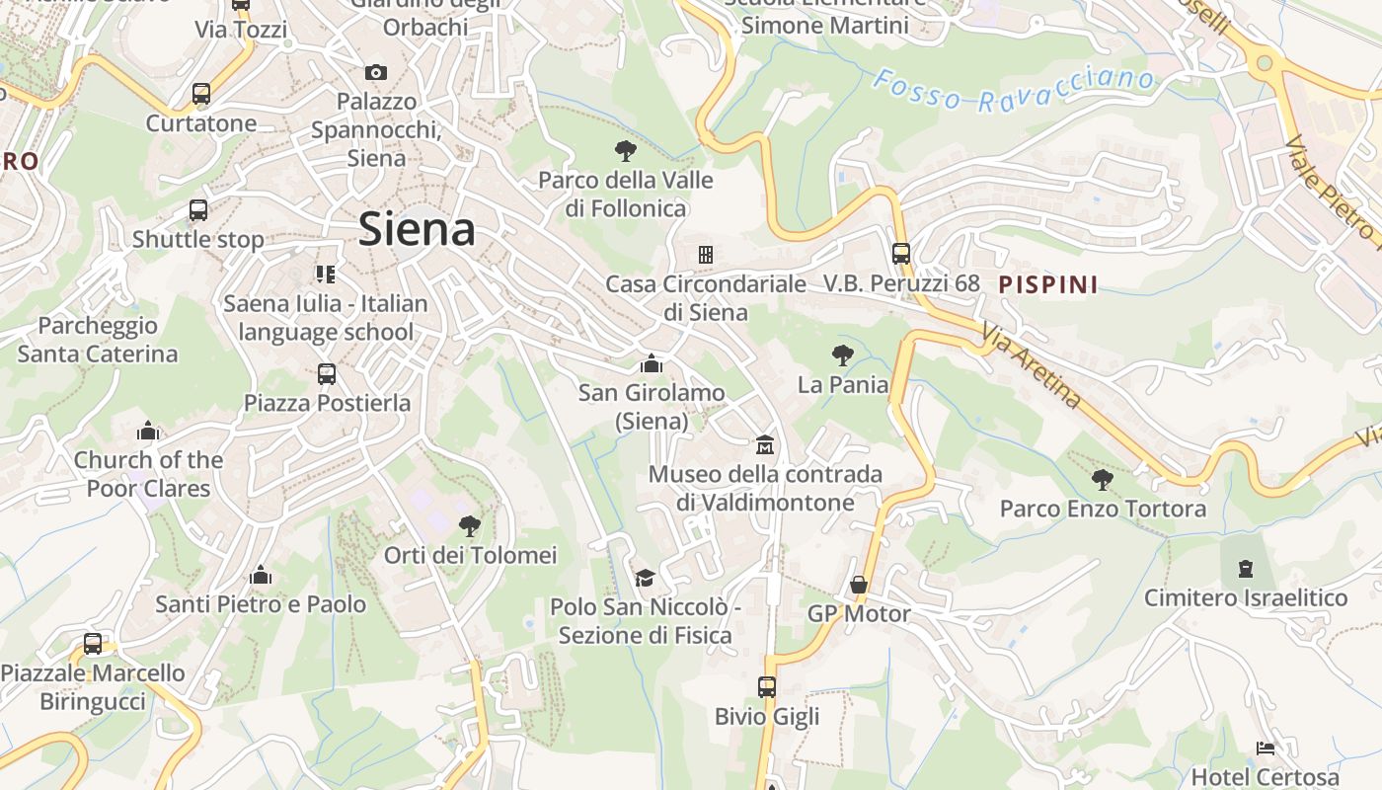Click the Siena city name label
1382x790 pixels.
point(417,229)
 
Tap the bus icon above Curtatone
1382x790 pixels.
point(201,95)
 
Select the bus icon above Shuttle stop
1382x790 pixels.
point(198,210)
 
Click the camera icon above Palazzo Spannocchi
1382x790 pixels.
point(376,72)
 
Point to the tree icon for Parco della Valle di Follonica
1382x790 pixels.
point(625,151)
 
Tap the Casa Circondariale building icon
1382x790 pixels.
point(705,255)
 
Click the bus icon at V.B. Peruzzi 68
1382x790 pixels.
point(901,254)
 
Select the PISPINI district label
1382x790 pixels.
point(1048,284)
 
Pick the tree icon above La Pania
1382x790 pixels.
point(843,355)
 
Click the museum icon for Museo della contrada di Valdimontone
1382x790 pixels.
point(765,445)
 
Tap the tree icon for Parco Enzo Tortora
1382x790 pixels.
point(1103,480)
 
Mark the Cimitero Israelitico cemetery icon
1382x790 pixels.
point(1246,569)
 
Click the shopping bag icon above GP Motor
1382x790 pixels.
point(859,585)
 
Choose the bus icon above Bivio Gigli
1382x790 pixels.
point(767,686)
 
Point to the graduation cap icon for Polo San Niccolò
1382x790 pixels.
point(645,578)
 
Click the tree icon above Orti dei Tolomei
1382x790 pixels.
point(470,525)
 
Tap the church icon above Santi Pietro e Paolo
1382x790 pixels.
point(261,575)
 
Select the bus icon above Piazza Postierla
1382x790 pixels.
point(327,374)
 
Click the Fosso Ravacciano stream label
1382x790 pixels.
point(1014,90)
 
